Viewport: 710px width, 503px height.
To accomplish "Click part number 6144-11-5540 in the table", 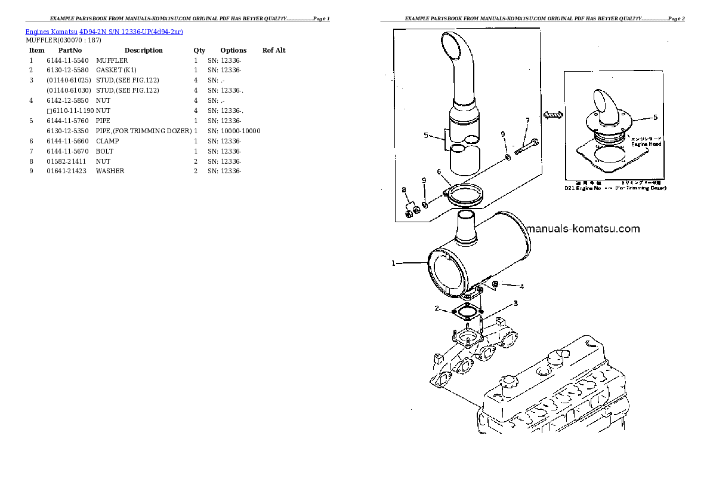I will coord(67,60).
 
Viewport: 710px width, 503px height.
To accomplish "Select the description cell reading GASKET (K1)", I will coord(116,70).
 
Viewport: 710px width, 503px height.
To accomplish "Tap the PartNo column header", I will coord(70,50).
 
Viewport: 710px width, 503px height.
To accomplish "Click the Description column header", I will coord(143,50).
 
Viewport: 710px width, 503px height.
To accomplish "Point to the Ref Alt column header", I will coord(274,50).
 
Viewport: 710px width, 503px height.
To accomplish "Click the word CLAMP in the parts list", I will coord(107,141).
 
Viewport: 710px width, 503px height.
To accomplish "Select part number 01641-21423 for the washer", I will coord(67,171).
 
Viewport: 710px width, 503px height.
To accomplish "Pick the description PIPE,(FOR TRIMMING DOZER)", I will coord(143,131).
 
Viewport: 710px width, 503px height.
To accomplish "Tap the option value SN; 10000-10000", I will coord(234,131).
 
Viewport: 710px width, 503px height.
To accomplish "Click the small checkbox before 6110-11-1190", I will coord(50,111).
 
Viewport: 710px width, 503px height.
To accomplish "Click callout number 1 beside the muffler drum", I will coord(393,263).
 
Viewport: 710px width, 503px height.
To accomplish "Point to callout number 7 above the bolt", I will coord(527,121).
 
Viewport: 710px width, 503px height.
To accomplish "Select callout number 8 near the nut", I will coord(404,190).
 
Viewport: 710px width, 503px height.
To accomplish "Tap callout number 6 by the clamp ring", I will coord(439,172).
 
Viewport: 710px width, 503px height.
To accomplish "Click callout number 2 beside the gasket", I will coord(437,309).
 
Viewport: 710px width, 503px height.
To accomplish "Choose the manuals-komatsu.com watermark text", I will coord(582,229).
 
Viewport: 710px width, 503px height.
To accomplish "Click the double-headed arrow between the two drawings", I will coord(553,114).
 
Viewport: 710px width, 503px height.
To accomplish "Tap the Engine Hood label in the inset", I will coord(647,144).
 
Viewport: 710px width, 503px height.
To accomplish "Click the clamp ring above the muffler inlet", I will coord(465,194).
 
